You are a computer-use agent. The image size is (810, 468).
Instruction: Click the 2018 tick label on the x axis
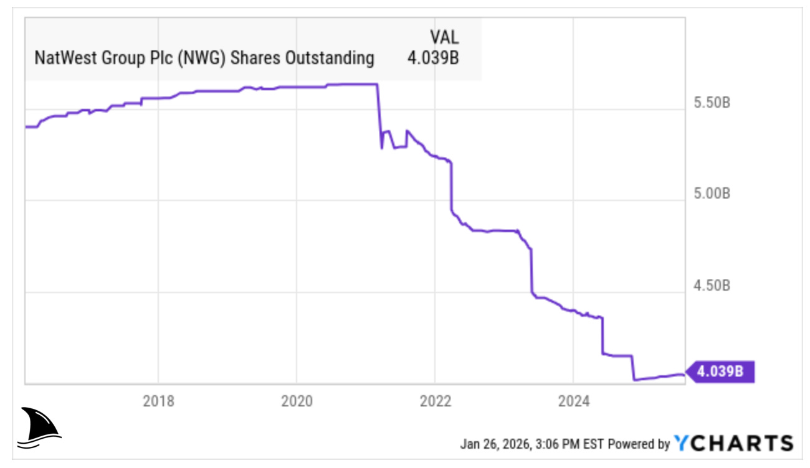click(158, 401)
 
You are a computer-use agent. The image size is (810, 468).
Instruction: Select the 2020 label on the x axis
click(297, 401)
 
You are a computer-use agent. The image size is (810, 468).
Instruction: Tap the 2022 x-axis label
click(435, 401)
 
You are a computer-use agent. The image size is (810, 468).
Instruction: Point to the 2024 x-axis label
click(573, 401)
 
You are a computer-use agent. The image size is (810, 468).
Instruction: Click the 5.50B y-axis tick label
click(712, 102)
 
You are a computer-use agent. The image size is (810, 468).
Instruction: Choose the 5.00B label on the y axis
click(712, 194)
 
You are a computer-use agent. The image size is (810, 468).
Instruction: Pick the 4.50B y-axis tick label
click(712, 286)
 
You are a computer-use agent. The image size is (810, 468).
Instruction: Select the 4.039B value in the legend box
click(433, 58)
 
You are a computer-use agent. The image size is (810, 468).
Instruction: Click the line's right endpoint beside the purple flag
click(684, 375)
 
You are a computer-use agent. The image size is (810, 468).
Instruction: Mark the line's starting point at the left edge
click(26, 127)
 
